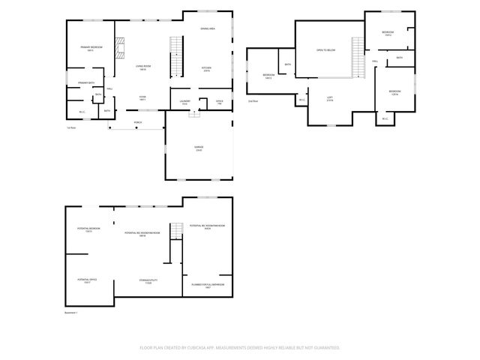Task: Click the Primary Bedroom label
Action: pyautogui.click(x=91, y=47)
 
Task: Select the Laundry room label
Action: pyautogui.click(x=184, y=101)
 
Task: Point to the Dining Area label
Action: pyautogui.click(x=208, y=28)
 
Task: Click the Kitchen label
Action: pyautogui.click(x=206, y=68)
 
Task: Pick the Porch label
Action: pyautogui.click(x=137, y=121)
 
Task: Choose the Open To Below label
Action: pyautogui.click(x=325, y=49)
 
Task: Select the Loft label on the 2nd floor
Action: pyautogui.click(x=329, y=98)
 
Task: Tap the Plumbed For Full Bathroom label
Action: pyautogui.click(x=208, y=286)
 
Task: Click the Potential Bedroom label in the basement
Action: pyautogui.click(x=88, y=229)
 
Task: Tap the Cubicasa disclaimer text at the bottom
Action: pyautogui.click(x=240, y=348)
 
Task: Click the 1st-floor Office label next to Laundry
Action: pyautogui.click(x=220, y=101)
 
